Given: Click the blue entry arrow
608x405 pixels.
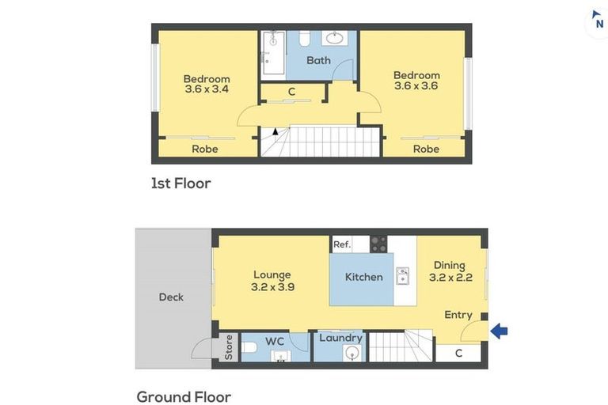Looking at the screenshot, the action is tap(499, 331).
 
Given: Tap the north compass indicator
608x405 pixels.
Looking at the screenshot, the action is tap(598, 20).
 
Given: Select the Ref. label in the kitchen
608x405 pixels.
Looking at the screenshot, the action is tap(342, 244).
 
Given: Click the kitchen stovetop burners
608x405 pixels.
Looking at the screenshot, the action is tap(378, 244).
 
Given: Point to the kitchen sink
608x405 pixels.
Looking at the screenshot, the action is tap(402, 275).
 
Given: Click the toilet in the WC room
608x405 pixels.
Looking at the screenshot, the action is tap(249, 347).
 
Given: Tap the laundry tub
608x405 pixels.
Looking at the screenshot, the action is tap(352, 353).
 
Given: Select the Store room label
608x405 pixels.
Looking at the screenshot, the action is tap(229, 347).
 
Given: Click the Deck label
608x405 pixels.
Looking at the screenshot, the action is tap(171, 297).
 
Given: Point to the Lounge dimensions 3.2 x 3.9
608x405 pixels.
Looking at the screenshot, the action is tap(272, 287).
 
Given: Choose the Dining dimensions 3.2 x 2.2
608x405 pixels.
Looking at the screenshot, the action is tap(450, 278).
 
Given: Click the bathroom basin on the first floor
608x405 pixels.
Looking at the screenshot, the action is tap(334, 38).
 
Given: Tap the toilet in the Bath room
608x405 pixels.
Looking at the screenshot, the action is tap(305, 38).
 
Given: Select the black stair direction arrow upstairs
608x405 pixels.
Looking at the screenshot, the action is tap(275, 131).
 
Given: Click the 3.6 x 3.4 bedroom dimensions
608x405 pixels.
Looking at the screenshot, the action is tap(207, 89).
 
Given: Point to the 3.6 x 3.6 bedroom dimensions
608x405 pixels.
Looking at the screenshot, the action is tap(416, 85).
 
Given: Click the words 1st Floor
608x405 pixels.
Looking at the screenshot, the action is tap(181, 184).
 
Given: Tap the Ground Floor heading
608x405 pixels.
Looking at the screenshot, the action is tap(184, 397).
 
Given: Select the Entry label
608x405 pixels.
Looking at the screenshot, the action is tap(458, 315).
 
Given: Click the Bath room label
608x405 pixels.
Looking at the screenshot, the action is tap(319, 60).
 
